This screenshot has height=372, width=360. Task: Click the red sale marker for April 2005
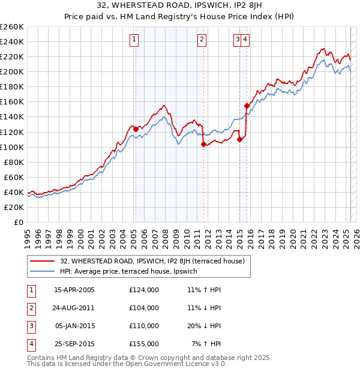136,128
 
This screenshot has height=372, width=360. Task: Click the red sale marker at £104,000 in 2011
203,144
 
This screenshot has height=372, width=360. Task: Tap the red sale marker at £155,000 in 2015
247,106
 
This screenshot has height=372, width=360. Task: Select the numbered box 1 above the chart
133,40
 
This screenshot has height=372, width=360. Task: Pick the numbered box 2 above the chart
202,40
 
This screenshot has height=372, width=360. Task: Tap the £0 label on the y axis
18,222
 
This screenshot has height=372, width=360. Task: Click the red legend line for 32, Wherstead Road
43,262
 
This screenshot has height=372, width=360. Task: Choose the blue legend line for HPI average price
43,272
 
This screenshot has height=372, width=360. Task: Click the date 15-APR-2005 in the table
74,290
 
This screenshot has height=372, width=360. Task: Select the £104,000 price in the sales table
144,308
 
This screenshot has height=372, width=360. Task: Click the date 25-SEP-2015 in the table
74,344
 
